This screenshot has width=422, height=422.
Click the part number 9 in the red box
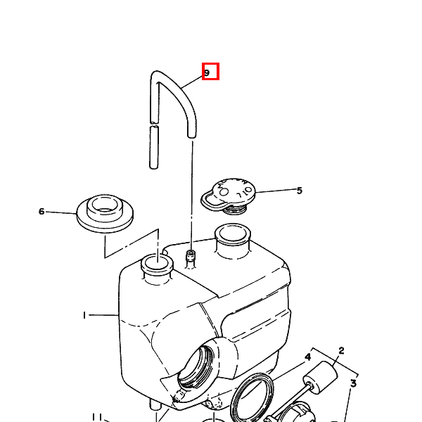[x=207, y=72]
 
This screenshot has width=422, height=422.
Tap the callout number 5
[x=300, y=191]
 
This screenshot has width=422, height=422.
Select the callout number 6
[x=41, y=211]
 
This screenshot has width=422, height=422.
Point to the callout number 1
[x=84, y=315]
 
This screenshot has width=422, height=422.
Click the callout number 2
[x=341, y=351]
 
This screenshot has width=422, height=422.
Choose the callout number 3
[x=354, y=383]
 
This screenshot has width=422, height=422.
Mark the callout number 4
[x=308, y=357]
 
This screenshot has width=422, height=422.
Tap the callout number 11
[x=97, y=417]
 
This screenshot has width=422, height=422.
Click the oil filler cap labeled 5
[x=228, y=195]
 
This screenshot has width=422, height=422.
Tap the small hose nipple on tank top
[x=191, y=257]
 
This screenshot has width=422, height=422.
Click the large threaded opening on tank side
[x=198, y=366]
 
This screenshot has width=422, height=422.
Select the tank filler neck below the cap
[x=233, y=240]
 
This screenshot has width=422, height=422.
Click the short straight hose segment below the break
[x=154, y=148]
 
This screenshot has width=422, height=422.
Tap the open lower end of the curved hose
[x=191, y=135]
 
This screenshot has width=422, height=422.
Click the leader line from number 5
[x=276, y=191]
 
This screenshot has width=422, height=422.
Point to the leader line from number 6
[x=61, y=212]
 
